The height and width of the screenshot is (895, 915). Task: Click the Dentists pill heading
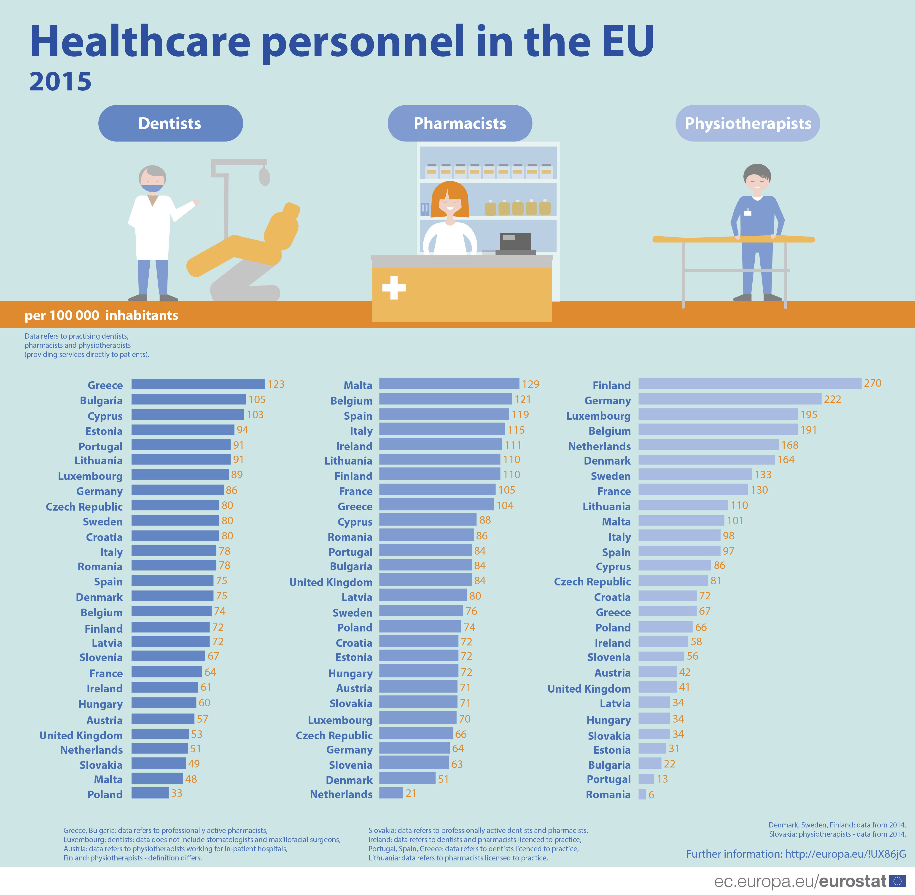coord(170,123)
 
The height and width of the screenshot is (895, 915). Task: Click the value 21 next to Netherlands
coord(411,793)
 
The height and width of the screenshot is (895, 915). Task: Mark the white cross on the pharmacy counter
coord(394,288)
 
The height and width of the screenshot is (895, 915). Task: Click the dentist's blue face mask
coord(152,188)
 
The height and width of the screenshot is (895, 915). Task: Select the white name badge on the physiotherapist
coord(747,213)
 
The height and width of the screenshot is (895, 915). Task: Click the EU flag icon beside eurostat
coord(897,881)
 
